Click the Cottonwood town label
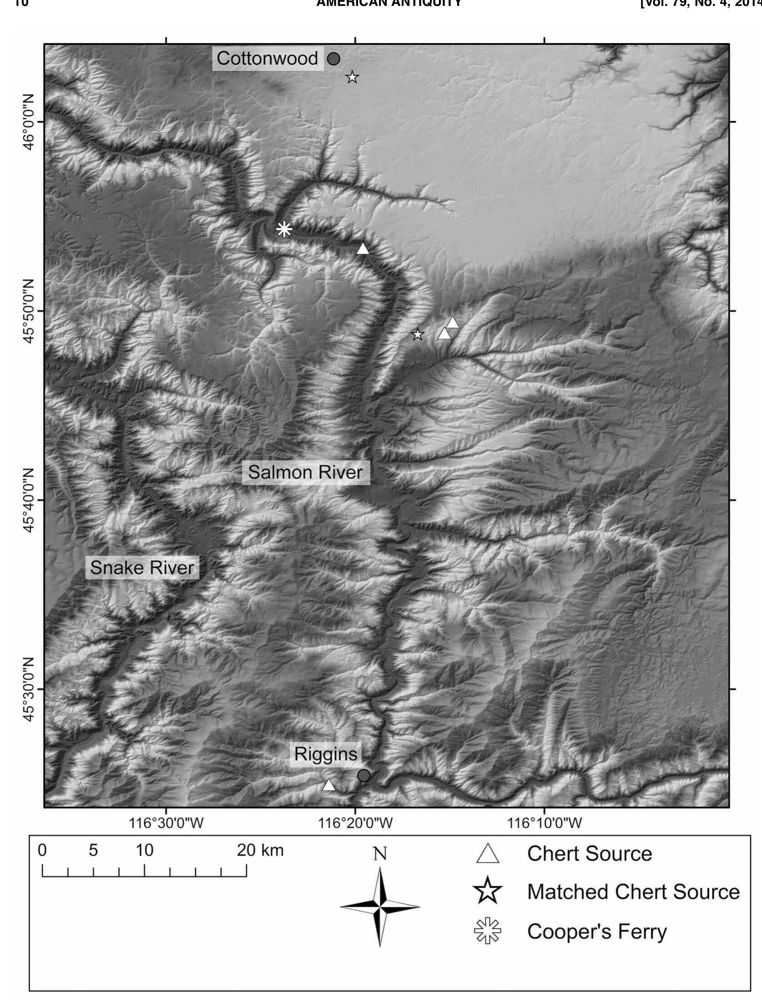(267, 59)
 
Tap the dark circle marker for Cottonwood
(334, 59)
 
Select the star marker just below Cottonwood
(352, 77)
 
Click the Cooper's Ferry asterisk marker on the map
(284, 229)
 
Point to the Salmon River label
(305, 473)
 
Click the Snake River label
(142, 568)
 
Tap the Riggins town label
(325, 754)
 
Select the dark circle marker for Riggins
(364, 775)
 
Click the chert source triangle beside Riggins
(329, 785)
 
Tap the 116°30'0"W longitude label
(166, 823)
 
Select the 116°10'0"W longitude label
(544, 823)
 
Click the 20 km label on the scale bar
(260, 851)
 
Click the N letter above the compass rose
(380, 855)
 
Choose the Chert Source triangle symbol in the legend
(487, 854)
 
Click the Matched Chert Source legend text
(634, 892)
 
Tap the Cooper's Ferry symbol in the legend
(487, 931)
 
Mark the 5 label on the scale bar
(93, 851)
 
